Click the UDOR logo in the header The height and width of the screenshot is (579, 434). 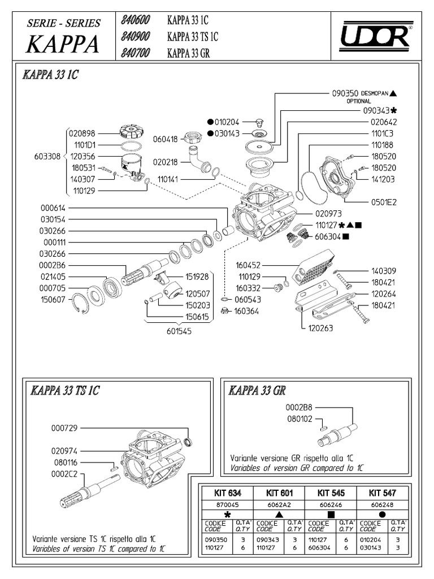(375, 37)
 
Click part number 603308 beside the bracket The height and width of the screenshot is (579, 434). (45, 157)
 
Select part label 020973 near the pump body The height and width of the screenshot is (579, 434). (327, 214)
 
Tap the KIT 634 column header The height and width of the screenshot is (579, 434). (227, 493)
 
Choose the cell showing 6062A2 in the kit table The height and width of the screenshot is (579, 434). (278, 504)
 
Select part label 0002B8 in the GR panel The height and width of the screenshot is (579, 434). (299, 407)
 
